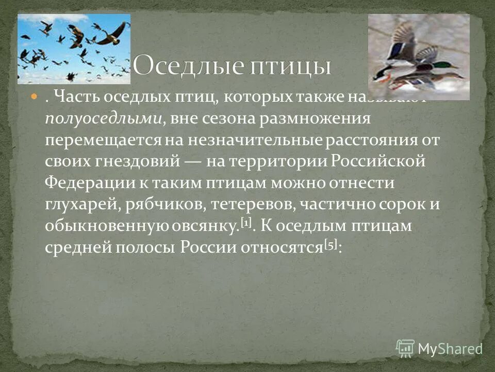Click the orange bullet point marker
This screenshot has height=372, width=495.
click(35, 97)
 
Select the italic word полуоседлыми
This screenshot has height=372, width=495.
click(104, 118)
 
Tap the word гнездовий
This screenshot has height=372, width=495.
click(137, 161)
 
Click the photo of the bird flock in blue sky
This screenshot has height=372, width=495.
click(74, 49)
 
